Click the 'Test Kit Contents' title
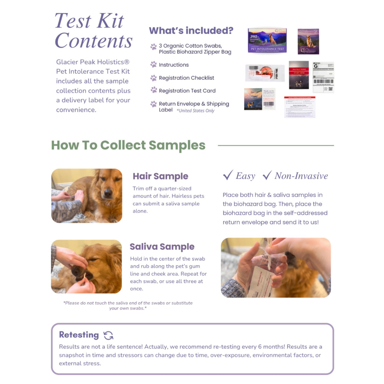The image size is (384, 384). (x=93, y=31)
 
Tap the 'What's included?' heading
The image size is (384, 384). (x=191, y=31)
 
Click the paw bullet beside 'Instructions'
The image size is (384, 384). (x=154, y=65)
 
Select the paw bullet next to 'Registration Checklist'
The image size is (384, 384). (x=154, y=78)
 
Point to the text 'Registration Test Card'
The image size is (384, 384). (x=187, y=91)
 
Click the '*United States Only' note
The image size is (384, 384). (x=195, y=111)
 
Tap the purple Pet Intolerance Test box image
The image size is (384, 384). (x=267, y=41)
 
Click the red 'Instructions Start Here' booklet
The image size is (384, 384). (x=299, y=75)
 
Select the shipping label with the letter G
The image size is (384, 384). (x=323, y=77)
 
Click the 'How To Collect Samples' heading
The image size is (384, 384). (x=128, y=145)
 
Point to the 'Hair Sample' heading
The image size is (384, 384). (x=160, y=176)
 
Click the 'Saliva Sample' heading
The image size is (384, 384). (x=162, y=247)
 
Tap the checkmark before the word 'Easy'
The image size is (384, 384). (x=228, y=175)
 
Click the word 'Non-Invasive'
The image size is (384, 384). (x=301, y=176)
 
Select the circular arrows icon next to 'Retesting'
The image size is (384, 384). (x=108, y=335)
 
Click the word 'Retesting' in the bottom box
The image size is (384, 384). (x=79, y=335)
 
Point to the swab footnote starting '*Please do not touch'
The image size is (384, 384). (x=128, y=305)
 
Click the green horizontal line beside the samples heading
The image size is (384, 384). (x=276, y=145)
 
